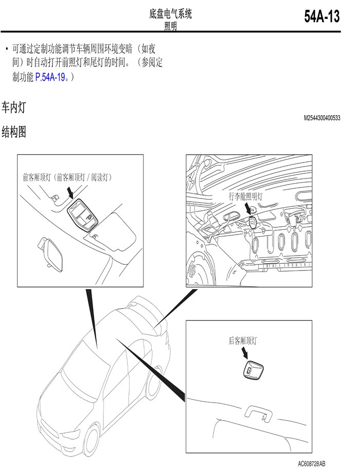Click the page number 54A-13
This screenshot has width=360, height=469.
click(322, 16)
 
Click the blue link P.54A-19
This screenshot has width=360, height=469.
click(50, 78)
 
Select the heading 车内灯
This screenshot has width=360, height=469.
click(14, 107)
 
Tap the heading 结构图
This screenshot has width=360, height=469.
click(14, 132)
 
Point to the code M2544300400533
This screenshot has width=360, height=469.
click(322, 118)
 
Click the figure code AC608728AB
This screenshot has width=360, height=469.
click(311, 464)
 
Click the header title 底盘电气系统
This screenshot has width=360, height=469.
click(170, 14)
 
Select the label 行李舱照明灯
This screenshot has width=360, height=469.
click(245, 196)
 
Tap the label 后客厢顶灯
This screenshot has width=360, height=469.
click(243, 340)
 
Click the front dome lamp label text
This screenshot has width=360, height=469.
click(67, 177)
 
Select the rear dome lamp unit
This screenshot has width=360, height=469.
click(253, 370)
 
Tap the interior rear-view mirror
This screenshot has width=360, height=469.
click(50, 253)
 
